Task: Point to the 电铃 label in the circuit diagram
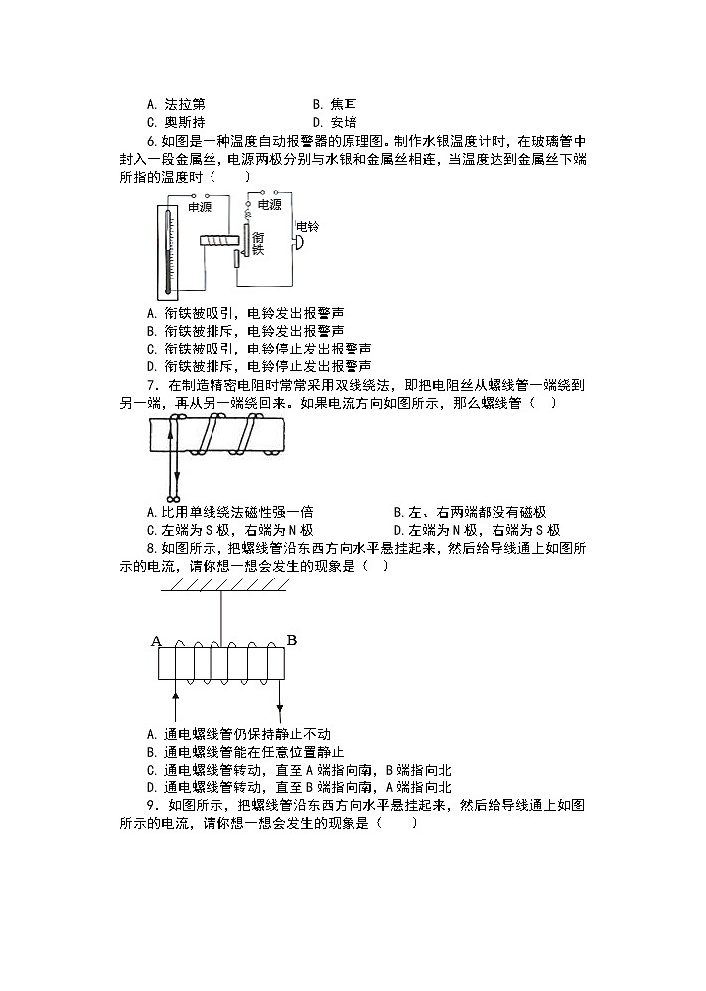(308, 227)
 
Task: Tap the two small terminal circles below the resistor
(173, 495)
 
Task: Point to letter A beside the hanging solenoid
(156, 641)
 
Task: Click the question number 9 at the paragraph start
(149, 805)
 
